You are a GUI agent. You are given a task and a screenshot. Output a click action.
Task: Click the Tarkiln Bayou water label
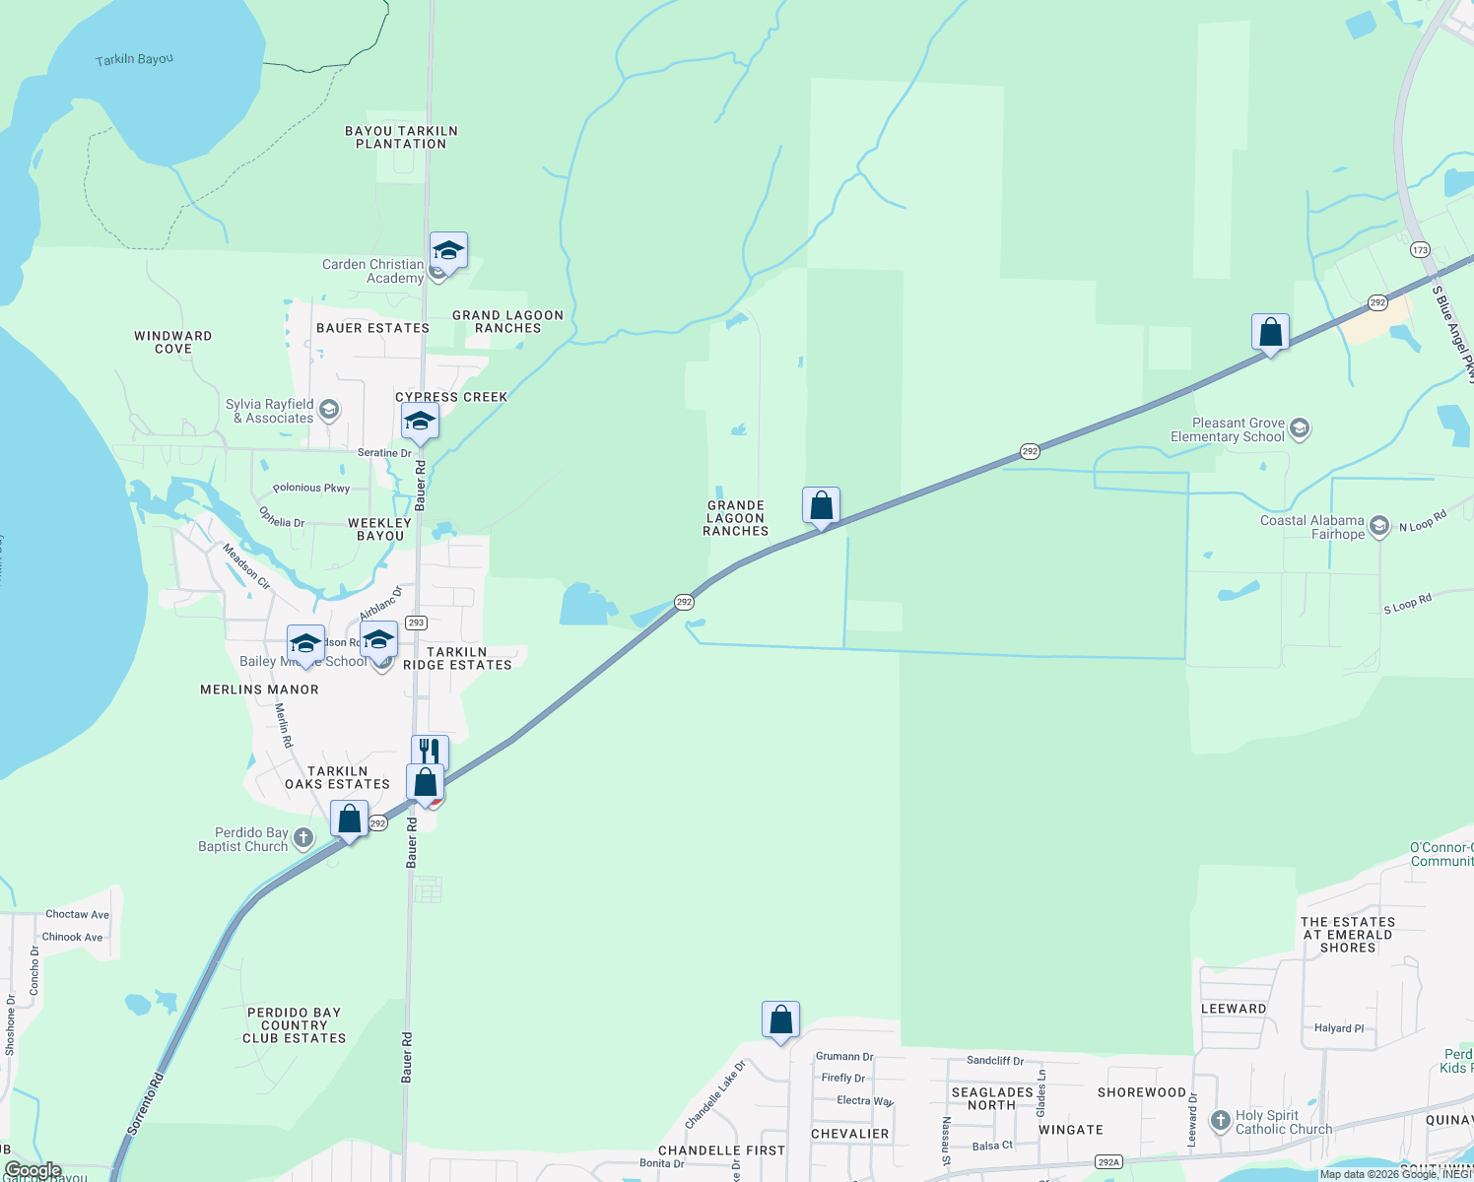click(x=134, y=60)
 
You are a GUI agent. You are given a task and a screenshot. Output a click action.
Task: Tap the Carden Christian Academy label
click(x=373, y=271)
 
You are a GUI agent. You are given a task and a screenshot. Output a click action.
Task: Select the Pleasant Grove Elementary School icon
click(x=1300, y=428)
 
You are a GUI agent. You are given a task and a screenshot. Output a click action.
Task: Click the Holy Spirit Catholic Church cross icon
click(x=1221, y=1121)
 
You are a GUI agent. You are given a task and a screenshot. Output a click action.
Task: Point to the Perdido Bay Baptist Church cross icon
click(x=303, y=838)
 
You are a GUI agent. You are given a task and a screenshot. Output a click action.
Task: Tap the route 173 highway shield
click(x=1420, y=249)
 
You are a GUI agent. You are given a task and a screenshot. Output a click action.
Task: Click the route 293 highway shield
click(x=416, y=623)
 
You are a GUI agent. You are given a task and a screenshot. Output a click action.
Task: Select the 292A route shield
click(x=1108, y=1162)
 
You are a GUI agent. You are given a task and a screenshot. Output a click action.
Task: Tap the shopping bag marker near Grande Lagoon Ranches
click(x=821, y=506)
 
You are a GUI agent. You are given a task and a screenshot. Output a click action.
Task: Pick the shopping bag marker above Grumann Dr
click(x=780, y=1020)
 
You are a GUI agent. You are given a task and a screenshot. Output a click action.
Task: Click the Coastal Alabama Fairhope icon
click(x=1379, y=526)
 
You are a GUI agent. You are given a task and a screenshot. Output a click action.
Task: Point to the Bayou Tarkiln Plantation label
click(x=401, y=137)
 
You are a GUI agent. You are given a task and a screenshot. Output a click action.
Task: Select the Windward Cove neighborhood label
click(x=173, y=342)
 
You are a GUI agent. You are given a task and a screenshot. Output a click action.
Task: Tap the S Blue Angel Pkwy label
click(x=1453, y=334)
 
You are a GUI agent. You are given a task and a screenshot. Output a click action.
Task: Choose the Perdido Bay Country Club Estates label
click(x=295, y=1025)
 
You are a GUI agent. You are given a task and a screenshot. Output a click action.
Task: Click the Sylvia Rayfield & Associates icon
click(x=329, y=410)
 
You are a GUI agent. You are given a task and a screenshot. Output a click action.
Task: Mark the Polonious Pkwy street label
click(x=311, y=488)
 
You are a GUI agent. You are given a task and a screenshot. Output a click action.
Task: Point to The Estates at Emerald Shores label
click(x=1348, y=935)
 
